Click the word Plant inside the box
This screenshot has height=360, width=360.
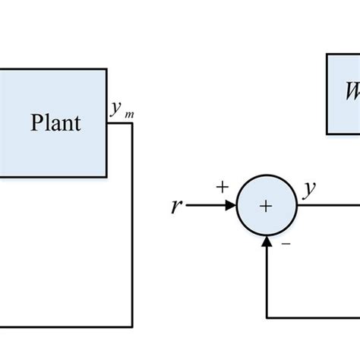[55, 123]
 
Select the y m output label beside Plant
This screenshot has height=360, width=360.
[118, 110]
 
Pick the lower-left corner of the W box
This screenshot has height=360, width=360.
[327, 134]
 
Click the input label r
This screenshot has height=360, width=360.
[177, 206]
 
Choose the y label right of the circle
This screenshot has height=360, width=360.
[309, 190]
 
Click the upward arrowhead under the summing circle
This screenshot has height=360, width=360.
[266, 241]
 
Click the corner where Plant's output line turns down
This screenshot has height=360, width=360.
[133, 123]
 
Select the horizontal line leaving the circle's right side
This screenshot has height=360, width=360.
[327, 206]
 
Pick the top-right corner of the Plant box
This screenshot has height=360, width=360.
[106, 69]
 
